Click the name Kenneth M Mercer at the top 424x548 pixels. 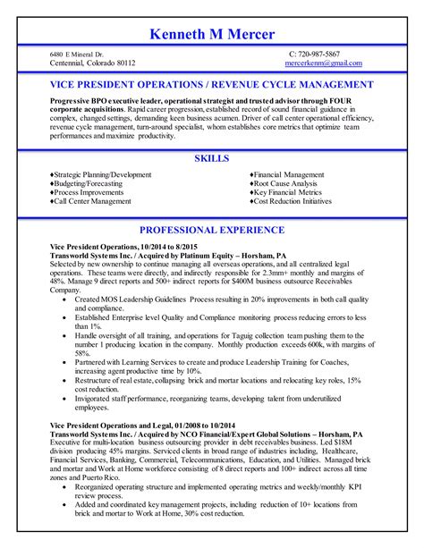click(212, 34)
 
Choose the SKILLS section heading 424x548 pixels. click(211, 158)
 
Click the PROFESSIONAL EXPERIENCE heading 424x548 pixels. click(211, 230)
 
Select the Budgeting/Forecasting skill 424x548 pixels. click(89, 184)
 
